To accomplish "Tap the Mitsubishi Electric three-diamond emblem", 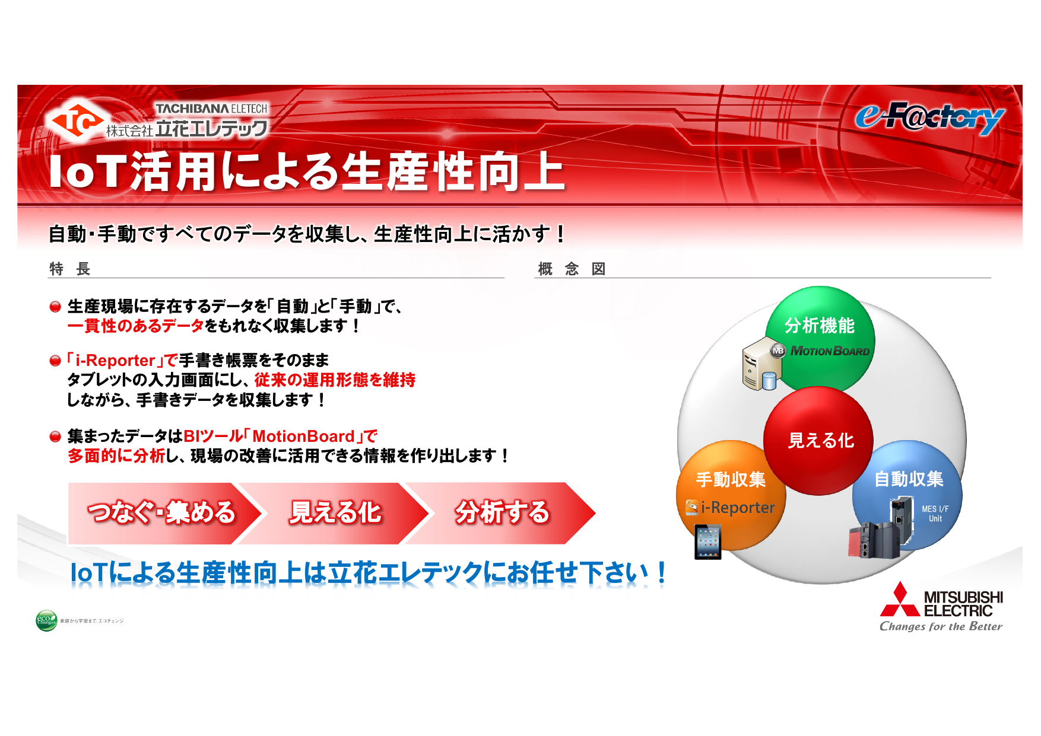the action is pos(900,600).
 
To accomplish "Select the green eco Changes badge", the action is pos(46,621).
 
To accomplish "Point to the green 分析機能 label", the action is pos(820,325).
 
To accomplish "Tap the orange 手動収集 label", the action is pos(731,479).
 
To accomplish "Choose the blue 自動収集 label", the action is pos(909,479).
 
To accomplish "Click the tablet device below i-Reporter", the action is pos(708,541).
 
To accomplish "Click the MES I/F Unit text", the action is pos(935,514).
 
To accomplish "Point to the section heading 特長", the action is pos(69,269).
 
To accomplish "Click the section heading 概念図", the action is pos(572,269).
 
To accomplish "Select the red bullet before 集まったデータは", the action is pos(55,437).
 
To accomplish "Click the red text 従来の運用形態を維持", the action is pos(335,380).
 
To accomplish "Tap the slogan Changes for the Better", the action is pos(941,626).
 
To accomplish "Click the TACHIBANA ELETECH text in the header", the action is pos(211,109).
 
